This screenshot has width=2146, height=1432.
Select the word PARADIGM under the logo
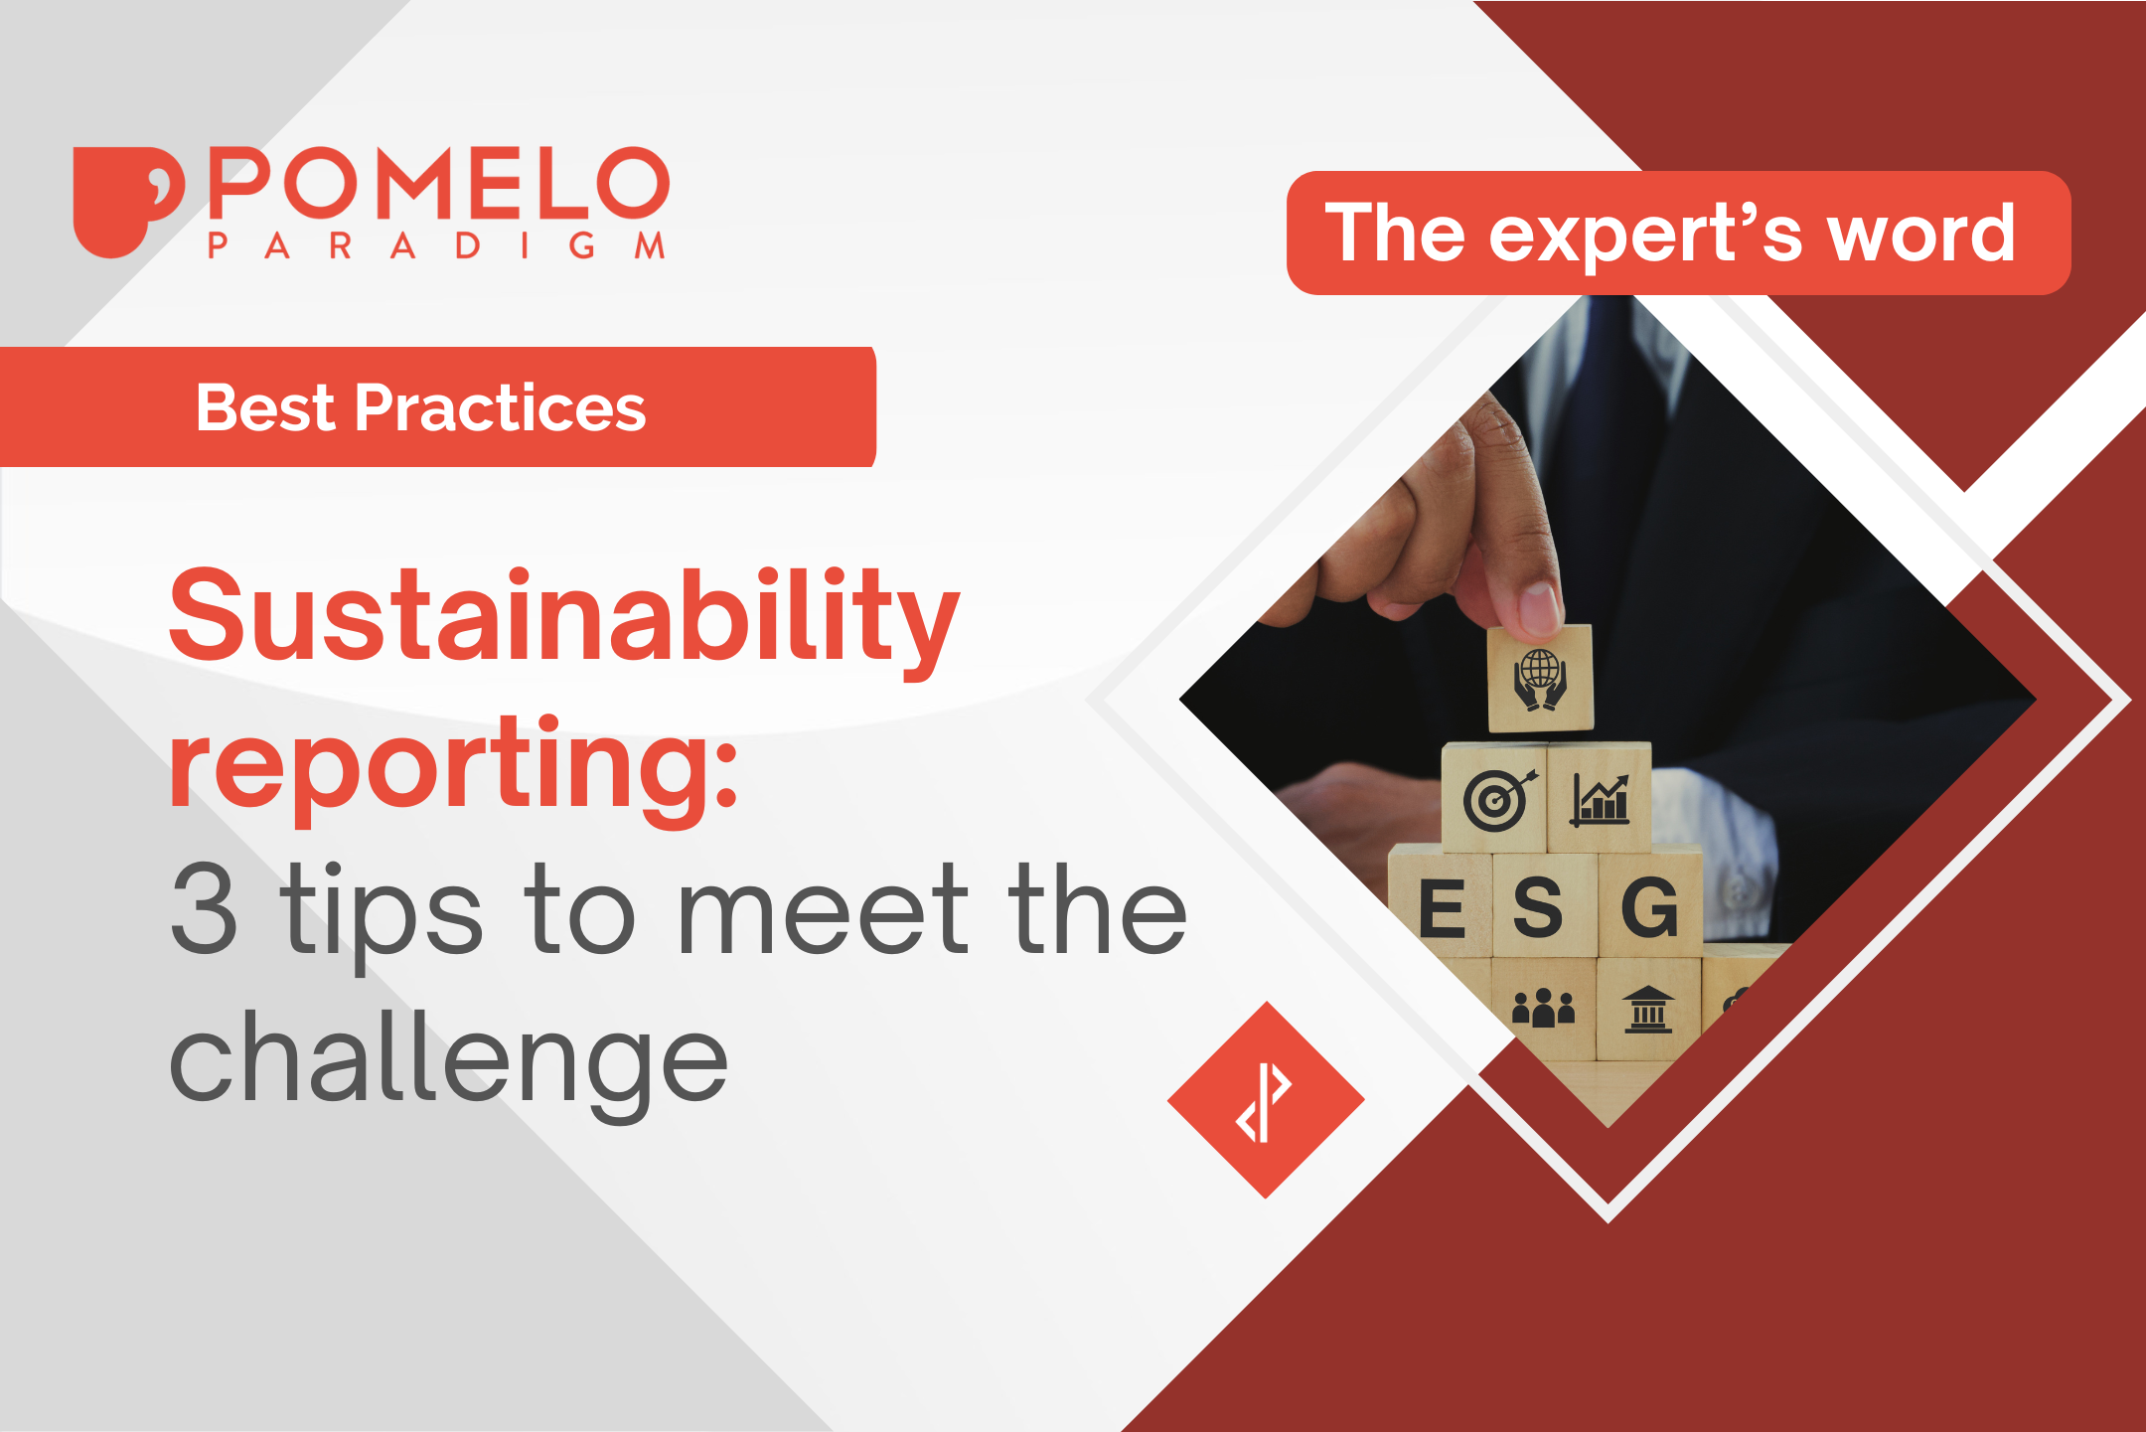click(x=436, y=245)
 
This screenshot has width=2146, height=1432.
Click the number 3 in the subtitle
click(x=204, y=909)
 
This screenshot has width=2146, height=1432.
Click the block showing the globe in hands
click(x=1540, y=680)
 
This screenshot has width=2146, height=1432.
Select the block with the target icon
click(x=1494, y=798)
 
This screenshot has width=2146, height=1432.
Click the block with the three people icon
click(x=1543, y=1008)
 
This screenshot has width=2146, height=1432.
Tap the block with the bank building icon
click(x=1648, y=1008)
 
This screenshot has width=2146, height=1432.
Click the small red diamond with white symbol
click(x=1265, y=1100)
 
